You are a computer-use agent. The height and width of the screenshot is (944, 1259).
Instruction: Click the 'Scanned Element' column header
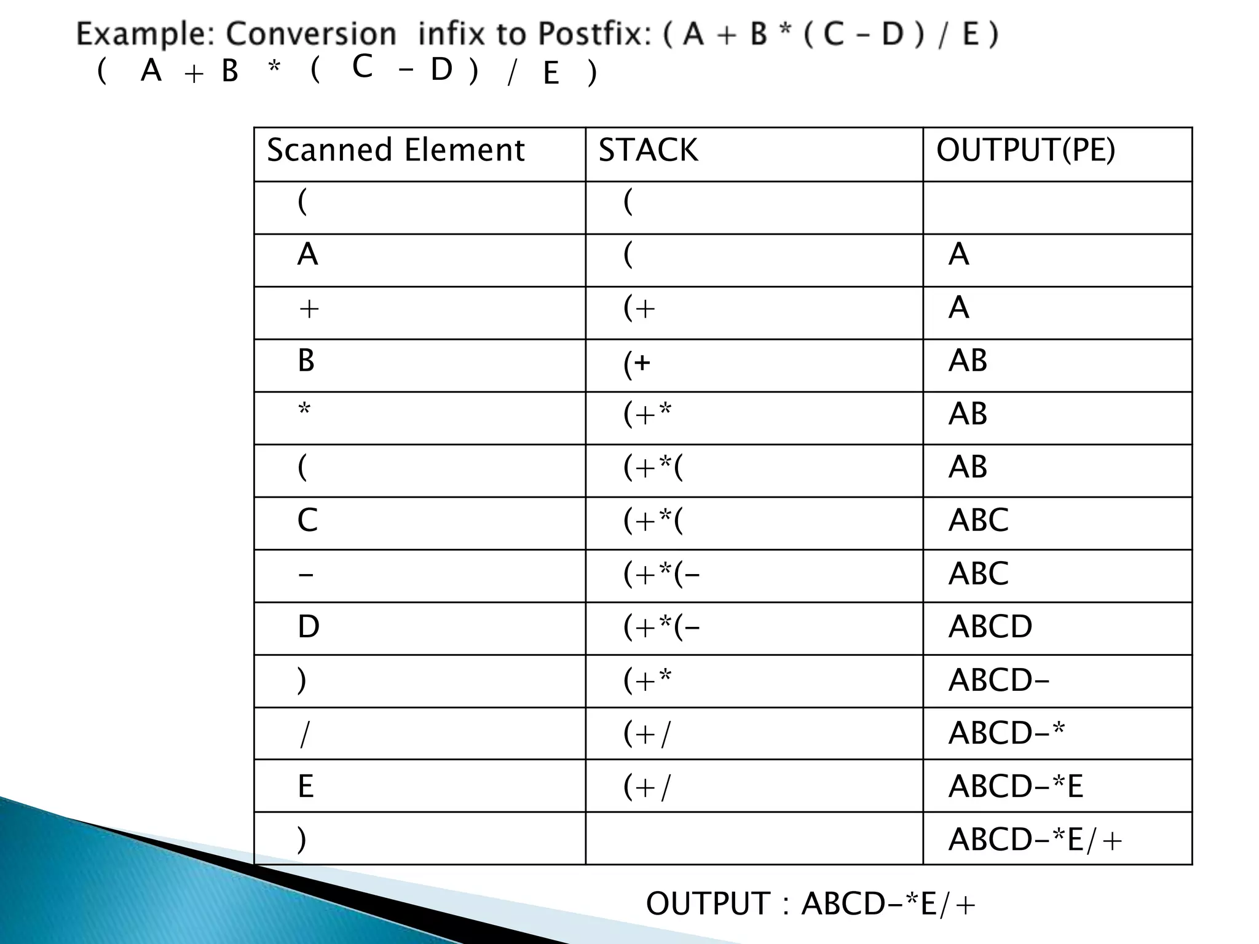coord(396,151)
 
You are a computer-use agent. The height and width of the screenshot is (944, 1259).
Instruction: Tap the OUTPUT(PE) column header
coord(1025,151)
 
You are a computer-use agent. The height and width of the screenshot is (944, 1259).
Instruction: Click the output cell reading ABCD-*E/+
coord(1035,840)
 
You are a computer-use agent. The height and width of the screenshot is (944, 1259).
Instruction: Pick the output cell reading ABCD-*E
coord(1016,786)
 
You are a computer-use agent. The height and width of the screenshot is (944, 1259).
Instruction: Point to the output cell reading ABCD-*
coord(1006,733)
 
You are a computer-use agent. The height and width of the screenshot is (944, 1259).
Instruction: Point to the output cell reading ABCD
coord(990,627)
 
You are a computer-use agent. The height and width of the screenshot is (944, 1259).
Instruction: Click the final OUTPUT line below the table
coord(810,904)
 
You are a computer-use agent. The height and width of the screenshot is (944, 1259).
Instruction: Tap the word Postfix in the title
coord(594,34)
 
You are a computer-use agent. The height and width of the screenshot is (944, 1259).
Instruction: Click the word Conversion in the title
coord(311,34)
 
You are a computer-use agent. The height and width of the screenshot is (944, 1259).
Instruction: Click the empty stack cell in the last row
coord(754,838)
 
